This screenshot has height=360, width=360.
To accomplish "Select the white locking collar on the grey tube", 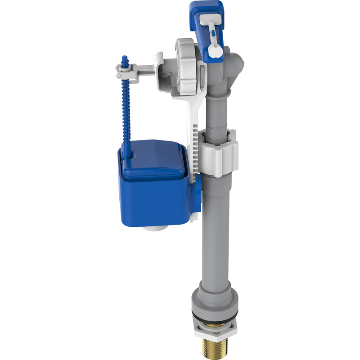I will tap(218, 153).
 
